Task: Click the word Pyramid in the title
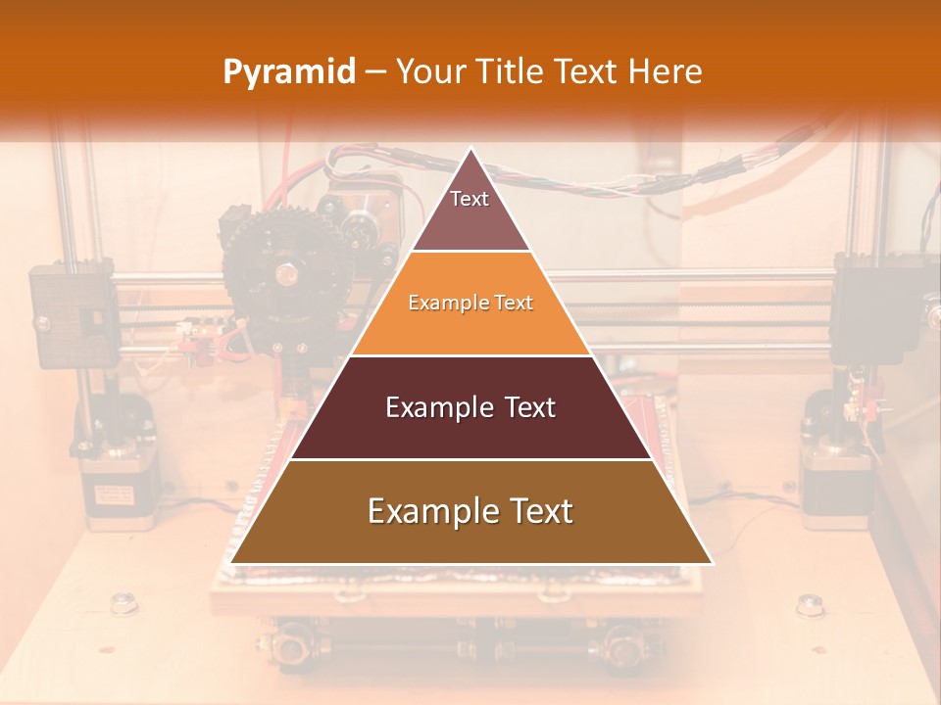[288, 72]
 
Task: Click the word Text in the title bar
[588, 71]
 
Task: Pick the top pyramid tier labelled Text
[470, 211]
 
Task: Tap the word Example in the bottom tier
[431, 511]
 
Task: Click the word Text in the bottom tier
[538, 511]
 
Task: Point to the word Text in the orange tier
[513, 303]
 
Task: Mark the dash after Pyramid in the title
[375, 72]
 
